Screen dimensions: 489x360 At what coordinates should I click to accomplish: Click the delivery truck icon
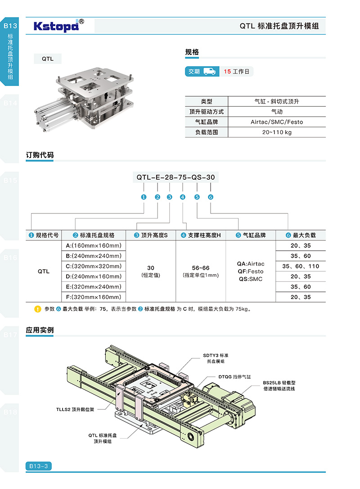209,71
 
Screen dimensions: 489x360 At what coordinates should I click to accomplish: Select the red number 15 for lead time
227,72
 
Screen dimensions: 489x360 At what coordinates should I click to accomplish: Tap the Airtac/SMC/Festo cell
276,122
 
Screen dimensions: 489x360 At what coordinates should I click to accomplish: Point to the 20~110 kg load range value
276,132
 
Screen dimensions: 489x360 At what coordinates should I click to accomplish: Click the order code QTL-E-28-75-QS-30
175,177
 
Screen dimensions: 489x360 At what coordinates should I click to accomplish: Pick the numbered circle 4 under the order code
182,197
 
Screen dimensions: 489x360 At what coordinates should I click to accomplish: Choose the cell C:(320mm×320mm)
93,266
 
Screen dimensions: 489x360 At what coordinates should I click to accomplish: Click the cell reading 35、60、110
301,266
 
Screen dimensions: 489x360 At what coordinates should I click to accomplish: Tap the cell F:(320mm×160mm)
93,297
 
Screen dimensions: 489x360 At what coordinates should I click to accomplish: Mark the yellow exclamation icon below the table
38,309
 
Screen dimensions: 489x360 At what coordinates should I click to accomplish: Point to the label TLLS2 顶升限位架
76,410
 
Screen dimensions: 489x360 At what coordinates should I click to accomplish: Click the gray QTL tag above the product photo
48,59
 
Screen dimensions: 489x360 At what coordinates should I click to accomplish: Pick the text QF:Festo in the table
250,272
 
